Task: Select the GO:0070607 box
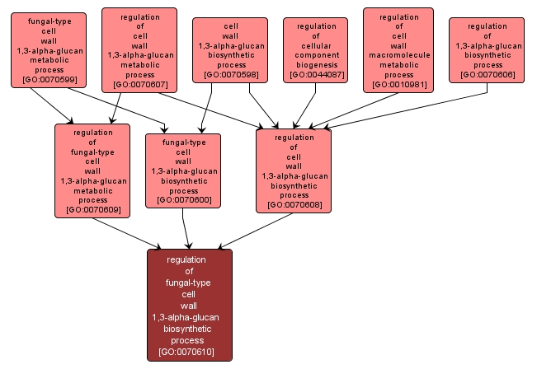(x=139, y=49)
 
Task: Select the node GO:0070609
(x=92, y=170)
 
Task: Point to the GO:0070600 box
(x=183, y=170)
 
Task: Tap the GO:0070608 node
(x=294, y=170)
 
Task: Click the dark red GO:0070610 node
(x=190, y=305)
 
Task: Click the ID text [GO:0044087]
(x=316, y=75)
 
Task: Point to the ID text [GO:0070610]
(x=190, y=352)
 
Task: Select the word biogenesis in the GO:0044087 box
(x=316, y=63)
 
